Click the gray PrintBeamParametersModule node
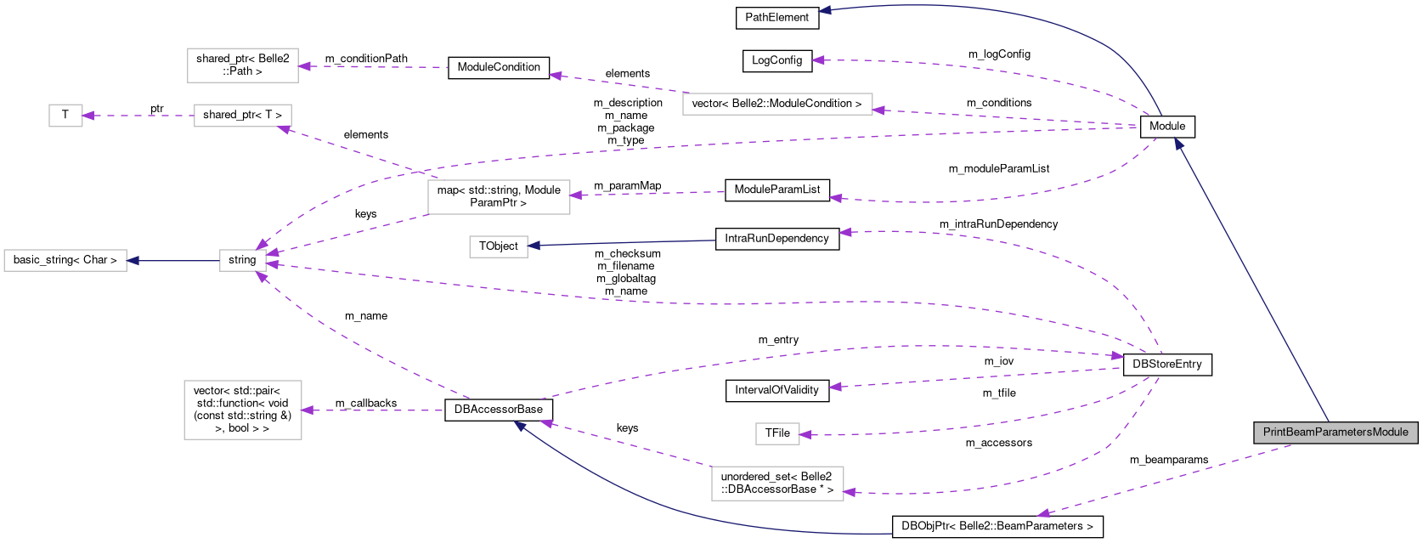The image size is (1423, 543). [x=1335, y=433]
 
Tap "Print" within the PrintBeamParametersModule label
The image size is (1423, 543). [x=1274, y=433]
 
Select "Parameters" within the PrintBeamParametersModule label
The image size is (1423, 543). [x=1342, y=433]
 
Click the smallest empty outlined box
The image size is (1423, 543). [x=65, y=116]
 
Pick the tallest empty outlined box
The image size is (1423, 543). [x=243, y=410]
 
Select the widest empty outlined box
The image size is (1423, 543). [x=777, y=105]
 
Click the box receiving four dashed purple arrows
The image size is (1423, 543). [x=243, y=260]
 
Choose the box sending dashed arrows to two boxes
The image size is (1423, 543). [x=499, y=197]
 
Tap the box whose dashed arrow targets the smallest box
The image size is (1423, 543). [x=242, y=116]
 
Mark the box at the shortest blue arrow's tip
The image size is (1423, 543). [x=65, y=260]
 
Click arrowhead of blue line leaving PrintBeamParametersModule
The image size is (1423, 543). [x=1177, y=142]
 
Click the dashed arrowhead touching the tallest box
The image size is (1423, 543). [x=307, y=410]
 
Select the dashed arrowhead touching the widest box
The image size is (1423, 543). [x=879, y=110]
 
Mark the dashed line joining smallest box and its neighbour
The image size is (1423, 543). [x=140, y=116]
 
